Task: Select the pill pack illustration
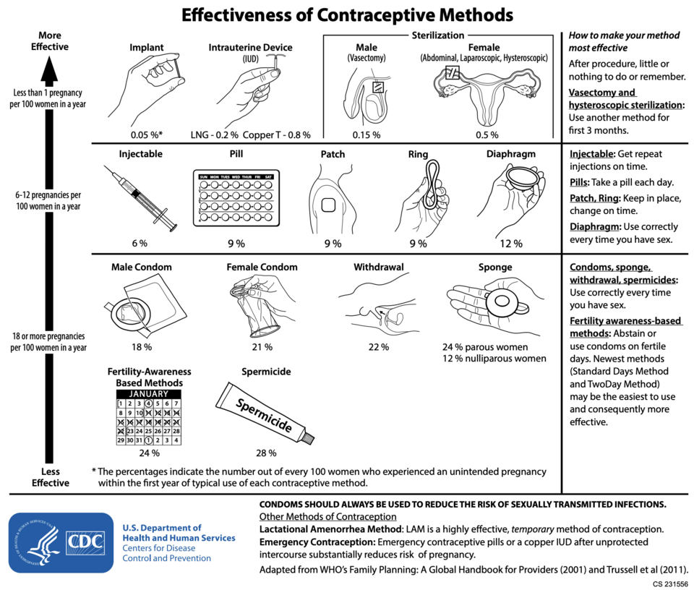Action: click(x=236, y=198)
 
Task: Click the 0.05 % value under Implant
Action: click(x=146, y=134)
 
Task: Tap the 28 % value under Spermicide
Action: click(x=266, y=453)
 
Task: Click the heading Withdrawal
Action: click(x=378, y=267)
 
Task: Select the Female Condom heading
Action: click(x=262, y=267)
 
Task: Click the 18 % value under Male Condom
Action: click(x=142, y=347)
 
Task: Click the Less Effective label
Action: click(x=51, y=476)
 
